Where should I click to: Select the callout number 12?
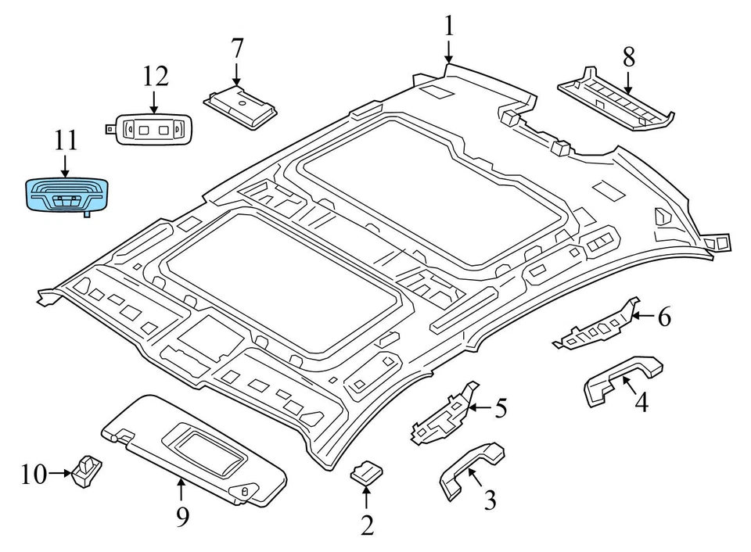click(x=155, y=77)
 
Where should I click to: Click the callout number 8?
click(x=628, y=56)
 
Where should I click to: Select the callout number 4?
click(x=641, y=403)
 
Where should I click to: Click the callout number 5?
click(x=500, y=407)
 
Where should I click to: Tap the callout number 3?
click(x=490, y=500)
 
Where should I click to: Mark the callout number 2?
click(x=367, y=525)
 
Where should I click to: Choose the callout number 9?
click(x=182, y=517)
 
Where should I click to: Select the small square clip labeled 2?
click(x=366, y=471)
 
